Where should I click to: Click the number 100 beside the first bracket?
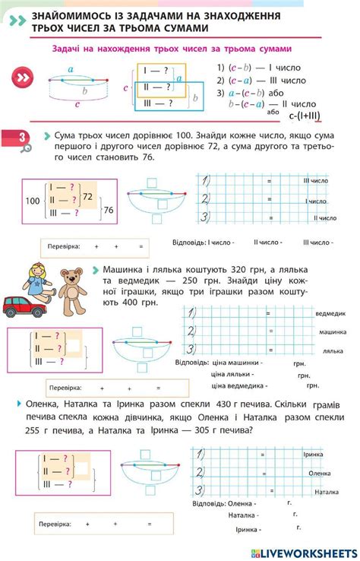pos(31,201)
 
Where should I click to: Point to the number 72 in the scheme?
pos(87,196)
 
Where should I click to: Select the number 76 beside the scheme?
pos(108,210)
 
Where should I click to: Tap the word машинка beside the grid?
pos(332,333)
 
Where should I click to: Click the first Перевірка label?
pos(64,247)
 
